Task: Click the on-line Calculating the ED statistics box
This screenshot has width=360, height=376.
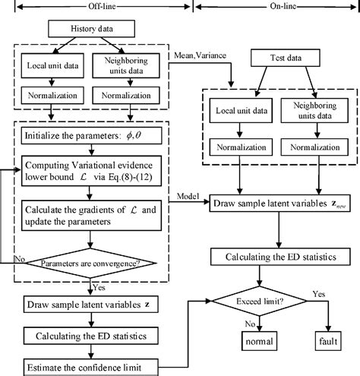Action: pyautogui.click(x=273, y=255)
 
